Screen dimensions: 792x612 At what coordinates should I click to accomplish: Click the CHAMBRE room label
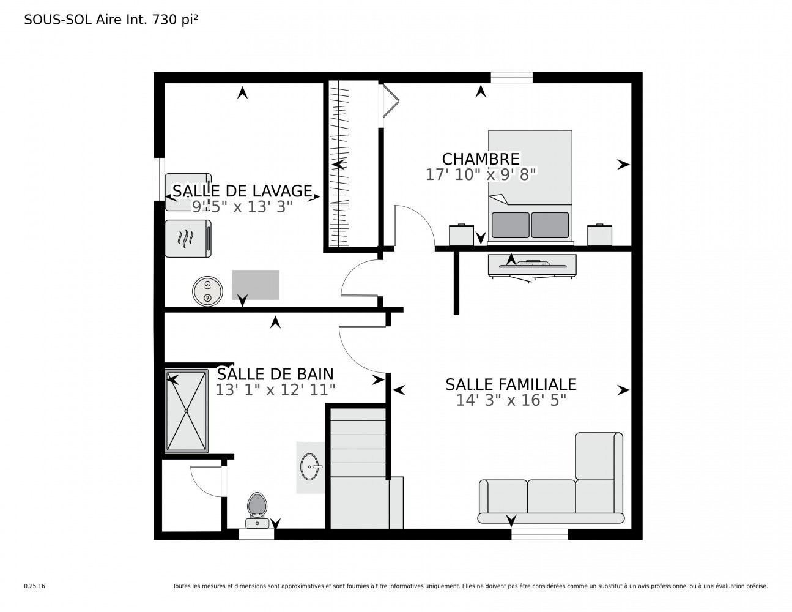[480, 159]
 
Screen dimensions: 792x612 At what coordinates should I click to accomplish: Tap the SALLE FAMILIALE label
[511, 384]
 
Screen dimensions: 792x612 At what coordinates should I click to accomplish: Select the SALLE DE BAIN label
[275, 374]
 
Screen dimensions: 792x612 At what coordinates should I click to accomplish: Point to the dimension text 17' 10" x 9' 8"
[481, 174]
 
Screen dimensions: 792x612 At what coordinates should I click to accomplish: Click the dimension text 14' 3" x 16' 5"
[511, 400]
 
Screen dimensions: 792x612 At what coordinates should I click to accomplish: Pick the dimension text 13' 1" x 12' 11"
[275, 390]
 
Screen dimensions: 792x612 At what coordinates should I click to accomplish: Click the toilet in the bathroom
[257, 510]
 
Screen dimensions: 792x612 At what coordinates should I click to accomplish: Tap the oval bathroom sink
[310, 466]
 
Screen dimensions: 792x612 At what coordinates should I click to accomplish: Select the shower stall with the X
[187, 411]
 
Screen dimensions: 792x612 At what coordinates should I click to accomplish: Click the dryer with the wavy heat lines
[188, 239]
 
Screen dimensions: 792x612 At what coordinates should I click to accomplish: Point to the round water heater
[207, 291]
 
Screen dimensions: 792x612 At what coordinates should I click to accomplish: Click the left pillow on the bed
[510, 225]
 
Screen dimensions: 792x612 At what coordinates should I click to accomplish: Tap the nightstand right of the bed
[599, 235]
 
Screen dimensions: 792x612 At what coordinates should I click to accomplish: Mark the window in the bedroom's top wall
[511, 78]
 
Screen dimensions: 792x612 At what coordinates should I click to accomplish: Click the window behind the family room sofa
[539, 534]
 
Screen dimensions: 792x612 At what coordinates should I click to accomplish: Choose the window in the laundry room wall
[159, 179]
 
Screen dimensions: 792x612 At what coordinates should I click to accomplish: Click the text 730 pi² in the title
[175, 20]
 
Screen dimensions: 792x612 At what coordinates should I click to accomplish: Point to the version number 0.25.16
[35, 586]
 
